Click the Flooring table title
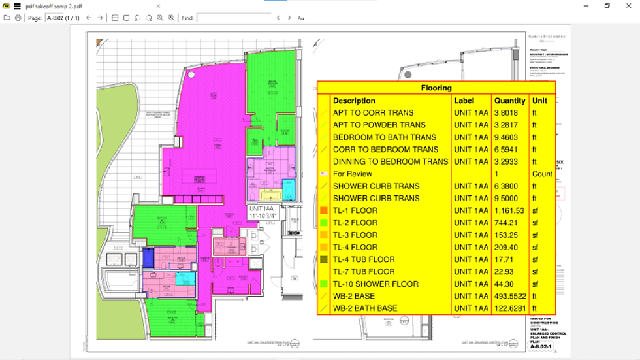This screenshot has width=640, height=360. pos(436,88)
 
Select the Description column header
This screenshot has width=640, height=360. pos(354,101)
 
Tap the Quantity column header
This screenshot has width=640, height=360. pos(509,101)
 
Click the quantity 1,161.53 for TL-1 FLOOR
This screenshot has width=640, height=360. pos(509,211)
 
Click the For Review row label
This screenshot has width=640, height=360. pos(352,174)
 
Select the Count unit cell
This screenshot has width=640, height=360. pos(542,174)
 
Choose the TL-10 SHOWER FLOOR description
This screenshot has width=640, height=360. pos(376,284)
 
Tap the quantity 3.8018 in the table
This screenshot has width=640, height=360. pos(509,113)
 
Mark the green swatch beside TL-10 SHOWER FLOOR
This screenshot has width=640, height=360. pos(323,284)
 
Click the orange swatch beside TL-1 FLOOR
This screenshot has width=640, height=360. pos(323,211)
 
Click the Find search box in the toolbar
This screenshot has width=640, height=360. pos(233,18)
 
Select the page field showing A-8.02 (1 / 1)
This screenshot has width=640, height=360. pos(64,18)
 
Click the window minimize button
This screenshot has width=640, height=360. pos(586,6)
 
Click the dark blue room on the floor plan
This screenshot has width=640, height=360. pos(148,258)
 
